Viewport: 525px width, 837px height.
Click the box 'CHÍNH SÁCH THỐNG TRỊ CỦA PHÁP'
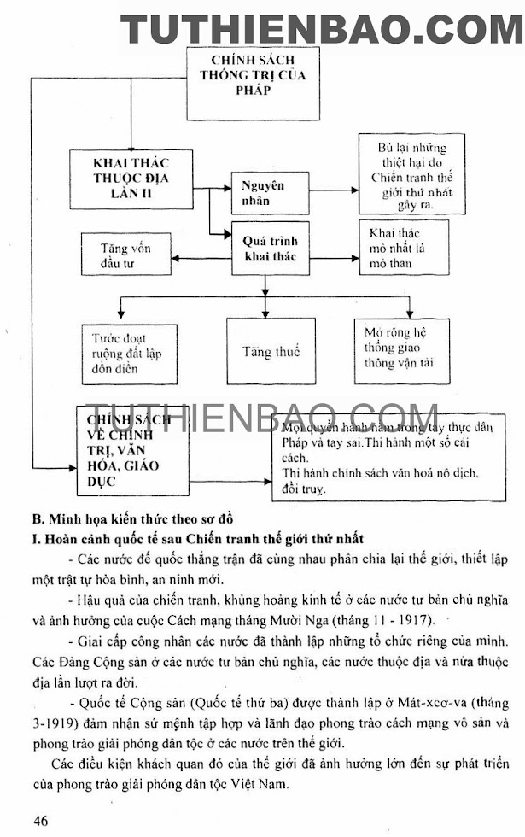(253, 82)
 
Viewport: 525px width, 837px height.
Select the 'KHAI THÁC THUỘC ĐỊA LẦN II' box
(133, 180)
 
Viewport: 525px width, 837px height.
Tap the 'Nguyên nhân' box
(263, 193)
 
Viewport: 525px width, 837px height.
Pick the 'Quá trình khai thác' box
(271, 249)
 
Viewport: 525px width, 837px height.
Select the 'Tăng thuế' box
(271, 351)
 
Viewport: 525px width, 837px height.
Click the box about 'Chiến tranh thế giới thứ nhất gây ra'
(411, 177)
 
